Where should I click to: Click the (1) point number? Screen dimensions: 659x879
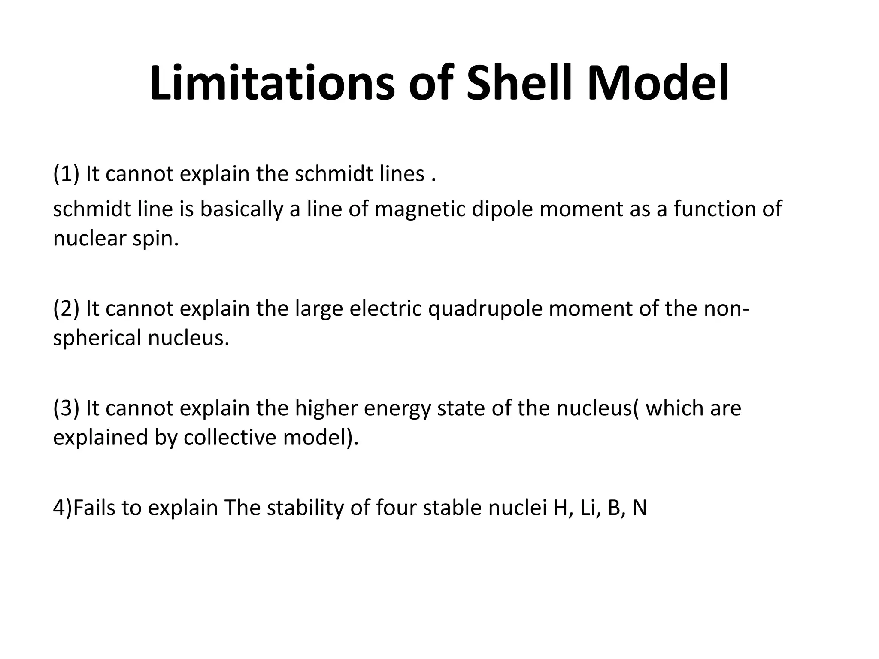click(x=66, y=174)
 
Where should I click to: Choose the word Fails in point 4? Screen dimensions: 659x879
click(x=94, y=508)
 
